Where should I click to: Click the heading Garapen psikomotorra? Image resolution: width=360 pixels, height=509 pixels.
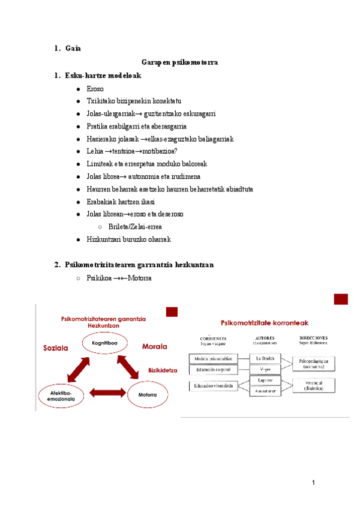point(179,62)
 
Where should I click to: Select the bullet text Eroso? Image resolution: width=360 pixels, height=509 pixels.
point(95,88)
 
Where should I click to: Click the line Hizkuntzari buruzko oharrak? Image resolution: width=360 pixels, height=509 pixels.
point(128,239)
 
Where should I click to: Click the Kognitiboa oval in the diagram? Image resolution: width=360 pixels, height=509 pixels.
point(105,343)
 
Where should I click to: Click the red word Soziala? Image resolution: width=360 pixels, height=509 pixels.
point(56,348)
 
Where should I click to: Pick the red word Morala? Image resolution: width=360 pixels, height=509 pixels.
point(154,346)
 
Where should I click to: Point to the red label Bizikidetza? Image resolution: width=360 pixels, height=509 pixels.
point(163,371)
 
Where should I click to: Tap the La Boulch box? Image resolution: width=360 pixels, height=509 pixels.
point(265,358)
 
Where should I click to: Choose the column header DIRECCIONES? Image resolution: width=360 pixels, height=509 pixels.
point(313,338)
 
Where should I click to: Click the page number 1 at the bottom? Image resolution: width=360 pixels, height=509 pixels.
point(314,483)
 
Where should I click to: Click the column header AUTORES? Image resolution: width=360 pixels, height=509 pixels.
point(265,338)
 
